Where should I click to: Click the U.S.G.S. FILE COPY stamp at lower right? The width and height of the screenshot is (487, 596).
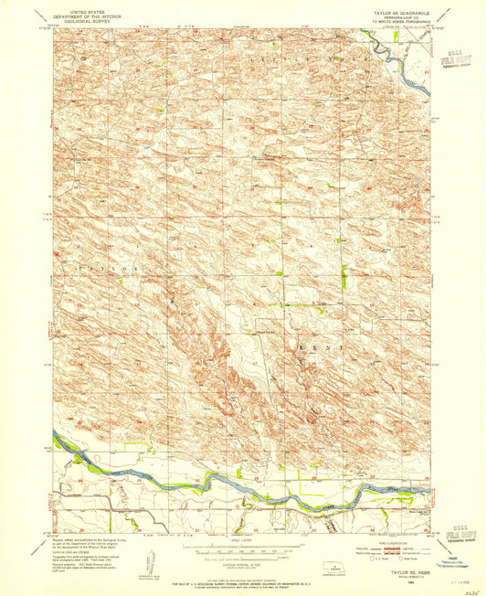click(453, 532)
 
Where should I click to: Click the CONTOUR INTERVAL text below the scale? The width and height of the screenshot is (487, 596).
click(241, 559)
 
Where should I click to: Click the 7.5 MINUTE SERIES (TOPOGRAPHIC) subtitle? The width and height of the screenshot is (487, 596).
click(398, 24)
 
